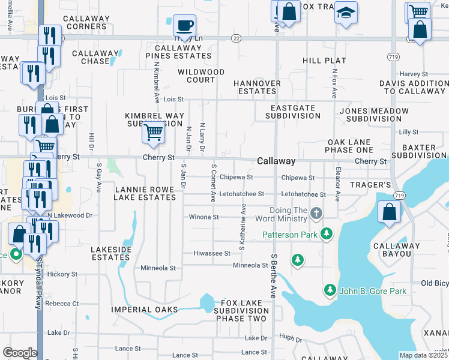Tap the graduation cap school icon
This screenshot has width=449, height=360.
click(x=346, y=13)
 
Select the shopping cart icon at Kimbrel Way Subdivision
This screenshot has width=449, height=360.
click(x=154, y=132)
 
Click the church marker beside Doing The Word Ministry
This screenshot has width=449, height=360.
click(x=316, y=214)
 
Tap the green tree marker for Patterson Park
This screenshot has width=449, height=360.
click(x=326, y=233)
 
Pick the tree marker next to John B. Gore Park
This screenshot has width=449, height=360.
click(x=330, y=290)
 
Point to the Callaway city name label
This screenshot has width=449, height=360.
click(x=276, y=161)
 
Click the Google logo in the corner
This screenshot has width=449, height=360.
click(x=20, y=353)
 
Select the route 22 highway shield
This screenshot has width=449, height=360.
click(x=237, y=38)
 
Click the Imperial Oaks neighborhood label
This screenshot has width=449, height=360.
click(x=145, y=310)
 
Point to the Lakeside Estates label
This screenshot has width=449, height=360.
click(x=111, y=253)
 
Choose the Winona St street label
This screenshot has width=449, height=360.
click(x=203, y=217)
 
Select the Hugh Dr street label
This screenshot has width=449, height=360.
click(x=290, y=338)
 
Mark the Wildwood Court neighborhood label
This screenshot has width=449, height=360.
click(x=200, y=76)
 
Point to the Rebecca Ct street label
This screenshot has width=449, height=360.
click(x=62, y=304)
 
